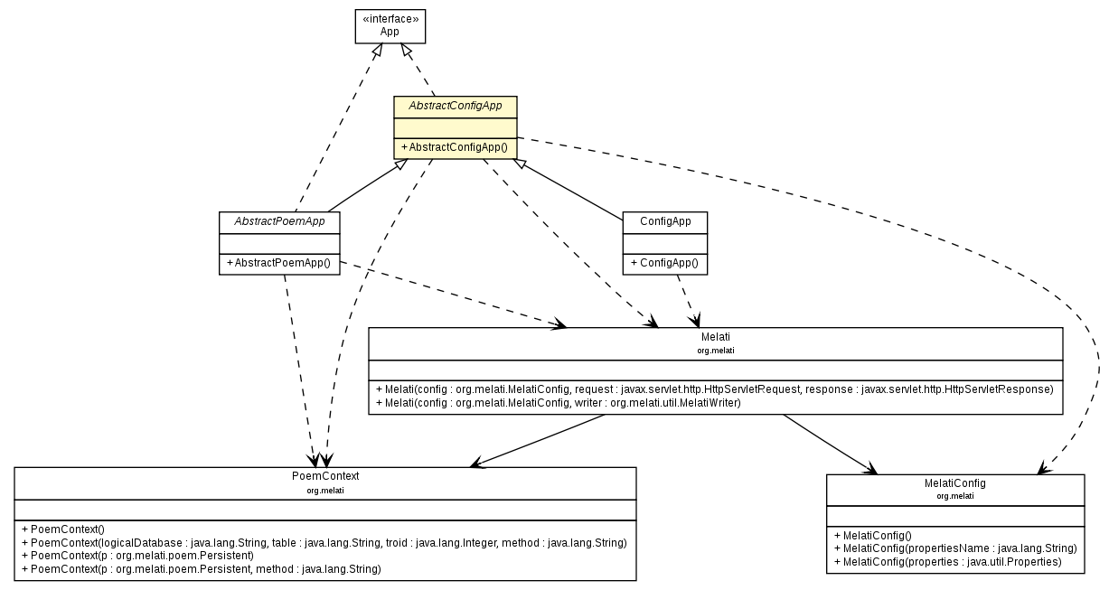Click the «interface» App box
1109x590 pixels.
pyautogui.click(x=389, y=25)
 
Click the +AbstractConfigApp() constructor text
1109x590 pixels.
pyautogui.click(x=455, y=147)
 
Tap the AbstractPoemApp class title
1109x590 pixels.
pyautogui.click(x=279, y=221)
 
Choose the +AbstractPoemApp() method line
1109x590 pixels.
pyautogui.click(x=279, y=263)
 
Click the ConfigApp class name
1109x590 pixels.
pyautogui.click(x=664, y=221)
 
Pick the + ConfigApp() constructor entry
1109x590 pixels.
pyautogui.click(x=664, y=263)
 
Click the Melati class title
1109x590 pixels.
pyautogui.click(x=715, y=337)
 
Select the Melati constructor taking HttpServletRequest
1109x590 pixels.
pyautogui.click(x=714, y=389)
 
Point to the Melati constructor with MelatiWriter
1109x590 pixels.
pyautogui.click(x=558, y=403)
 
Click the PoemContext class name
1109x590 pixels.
pyautogui.click(x=324, y=476)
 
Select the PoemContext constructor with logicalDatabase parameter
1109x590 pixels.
pyautogui.click(x=324, y=542)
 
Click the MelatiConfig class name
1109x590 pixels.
pyautogui.click(x=954, y=483)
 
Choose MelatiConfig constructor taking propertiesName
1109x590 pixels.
pyautogui.click(x=954, y=548)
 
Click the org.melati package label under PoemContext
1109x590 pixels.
pyautogui.click(x=324, y=491)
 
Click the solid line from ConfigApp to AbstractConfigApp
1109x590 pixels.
pyautogui.click(x=569, y=190)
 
